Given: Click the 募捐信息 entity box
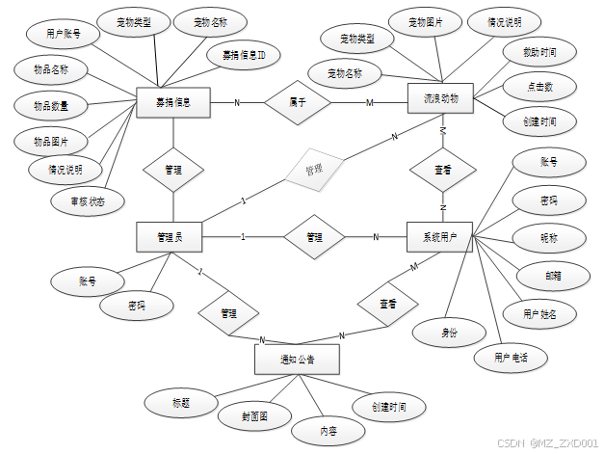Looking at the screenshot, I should tap(173, 101).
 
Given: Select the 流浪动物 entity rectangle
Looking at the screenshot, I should tap(440, 99).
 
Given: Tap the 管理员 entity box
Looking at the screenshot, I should tap(173, 236).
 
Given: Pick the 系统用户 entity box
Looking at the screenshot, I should tap(440, 236).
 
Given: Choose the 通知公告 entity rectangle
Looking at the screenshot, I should tap(297, 361).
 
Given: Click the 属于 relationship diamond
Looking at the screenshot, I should tap(298, 101).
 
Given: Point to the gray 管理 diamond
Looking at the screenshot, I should tap(314, 170).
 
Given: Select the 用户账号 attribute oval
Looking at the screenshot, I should tap(64, 34).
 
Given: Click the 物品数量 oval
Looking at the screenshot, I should tap(50, 104).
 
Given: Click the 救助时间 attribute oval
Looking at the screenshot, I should tap(539, 51).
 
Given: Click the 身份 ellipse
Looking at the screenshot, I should tap(448, 332).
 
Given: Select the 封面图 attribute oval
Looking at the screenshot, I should tap(253, 416).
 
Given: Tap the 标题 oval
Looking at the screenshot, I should tap(180, 401).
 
